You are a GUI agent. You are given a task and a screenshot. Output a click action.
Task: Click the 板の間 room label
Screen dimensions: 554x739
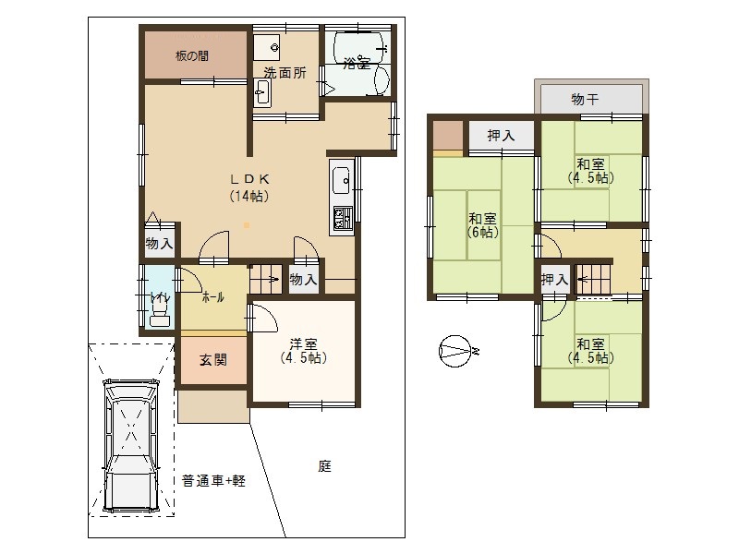pyautogui.click(x=192, y=55)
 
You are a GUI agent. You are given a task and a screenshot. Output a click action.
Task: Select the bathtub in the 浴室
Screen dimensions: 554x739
pyautogui.click(x=357, y=63)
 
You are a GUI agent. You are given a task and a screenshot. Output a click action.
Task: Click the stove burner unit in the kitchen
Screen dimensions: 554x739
pyautogui.click(x=341, y=220)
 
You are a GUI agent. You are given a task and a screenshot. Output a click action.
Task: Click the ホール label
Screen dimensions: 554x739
pyautogui.click(x=212, y=297)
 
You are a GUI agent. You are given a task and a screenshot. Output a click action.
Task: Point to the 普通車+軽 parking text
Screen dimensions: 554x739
pyautogui.click(x=213, y=480)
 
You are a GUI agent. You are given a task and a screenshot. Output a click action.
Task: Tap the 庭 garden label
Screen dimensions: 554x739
pyautogui.click(x=324, y=467)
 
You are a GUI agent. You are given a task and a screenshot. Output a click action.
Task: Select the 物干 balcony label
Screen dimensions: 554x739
pyautogui.click(x=588, y=99)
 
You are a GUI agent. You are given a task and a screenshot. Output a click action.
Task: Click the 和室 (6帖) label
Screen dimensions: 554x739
pyautogui.click(x=483, y=225)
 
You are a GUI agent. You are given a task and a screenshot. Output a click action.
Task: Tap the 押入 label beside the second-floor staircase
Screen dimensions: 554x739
pyautogui.click(x=554, y=280)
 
